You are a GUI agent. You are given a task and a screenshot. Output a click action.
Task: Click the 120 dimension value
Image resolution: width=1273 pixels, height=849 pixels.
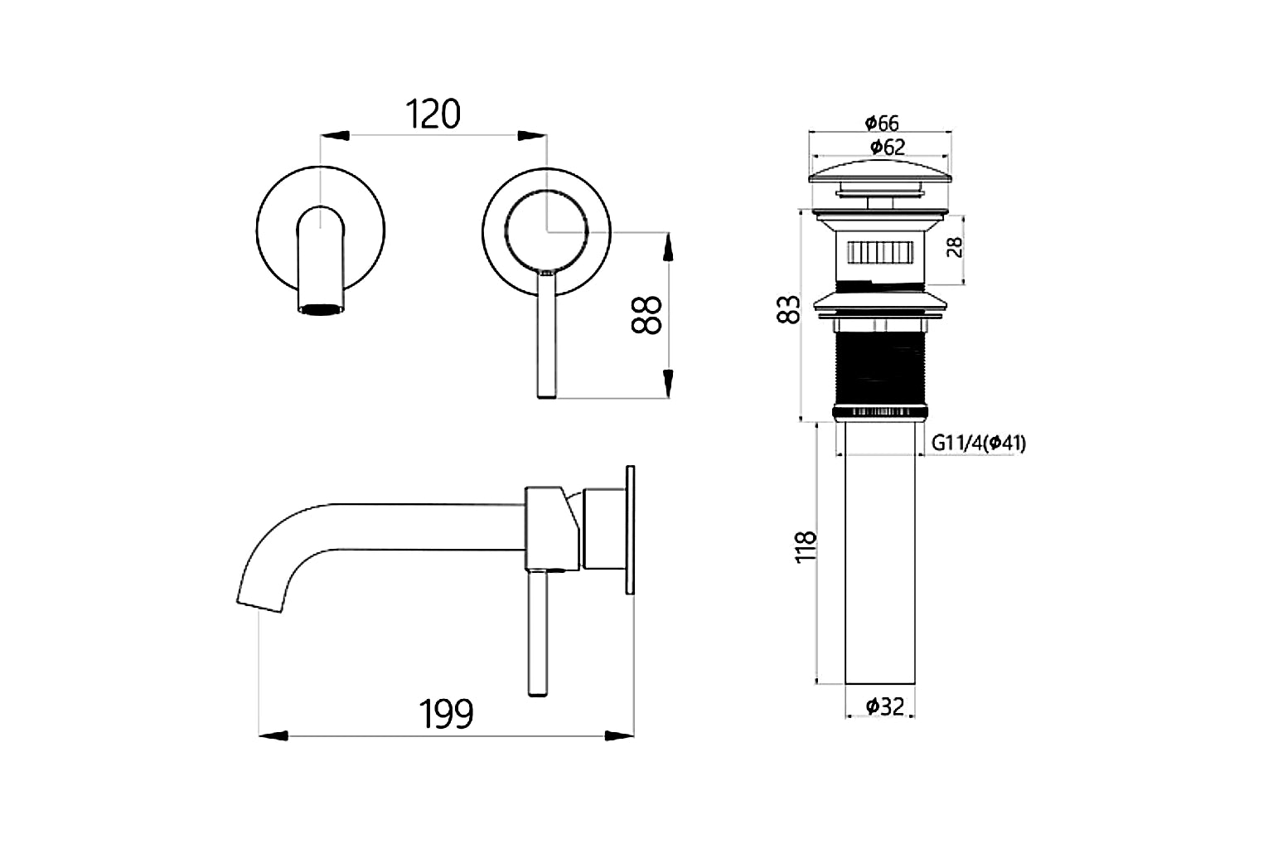click(433, 114)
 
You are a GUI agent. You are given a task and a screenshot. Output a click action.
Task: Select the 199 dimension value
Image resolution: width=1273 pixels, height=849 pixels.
click(447, 714)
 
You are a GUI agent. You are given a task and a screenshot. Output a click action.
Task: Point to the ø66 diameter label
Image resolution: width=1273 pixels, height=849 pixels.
click(881, 124)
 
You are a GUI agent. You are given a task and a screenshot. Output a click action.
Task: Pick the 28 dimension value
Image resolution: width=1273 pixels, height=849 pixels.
click(956, 247)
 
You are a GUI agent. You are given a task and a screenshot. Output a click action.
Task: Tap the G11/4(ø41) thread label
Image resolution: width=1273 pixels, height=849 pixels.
click(978, 444)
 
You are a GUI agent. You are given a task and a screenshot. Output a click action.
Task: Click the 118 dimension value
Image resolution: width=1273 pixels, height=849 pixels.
click(806, 548)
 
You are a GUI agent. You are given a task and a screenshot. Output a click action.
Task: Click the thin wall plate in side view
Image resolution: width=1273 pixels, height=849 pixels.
click(630, 530)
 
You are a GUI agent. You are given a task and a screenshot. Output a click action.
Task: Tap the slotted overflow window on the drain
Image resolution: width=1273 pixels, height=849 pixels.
click(880, 250)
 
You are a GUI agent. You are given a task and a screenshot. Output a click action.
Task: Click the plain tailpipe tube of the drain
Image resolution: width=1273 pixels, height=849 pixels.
click(880, 555)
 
